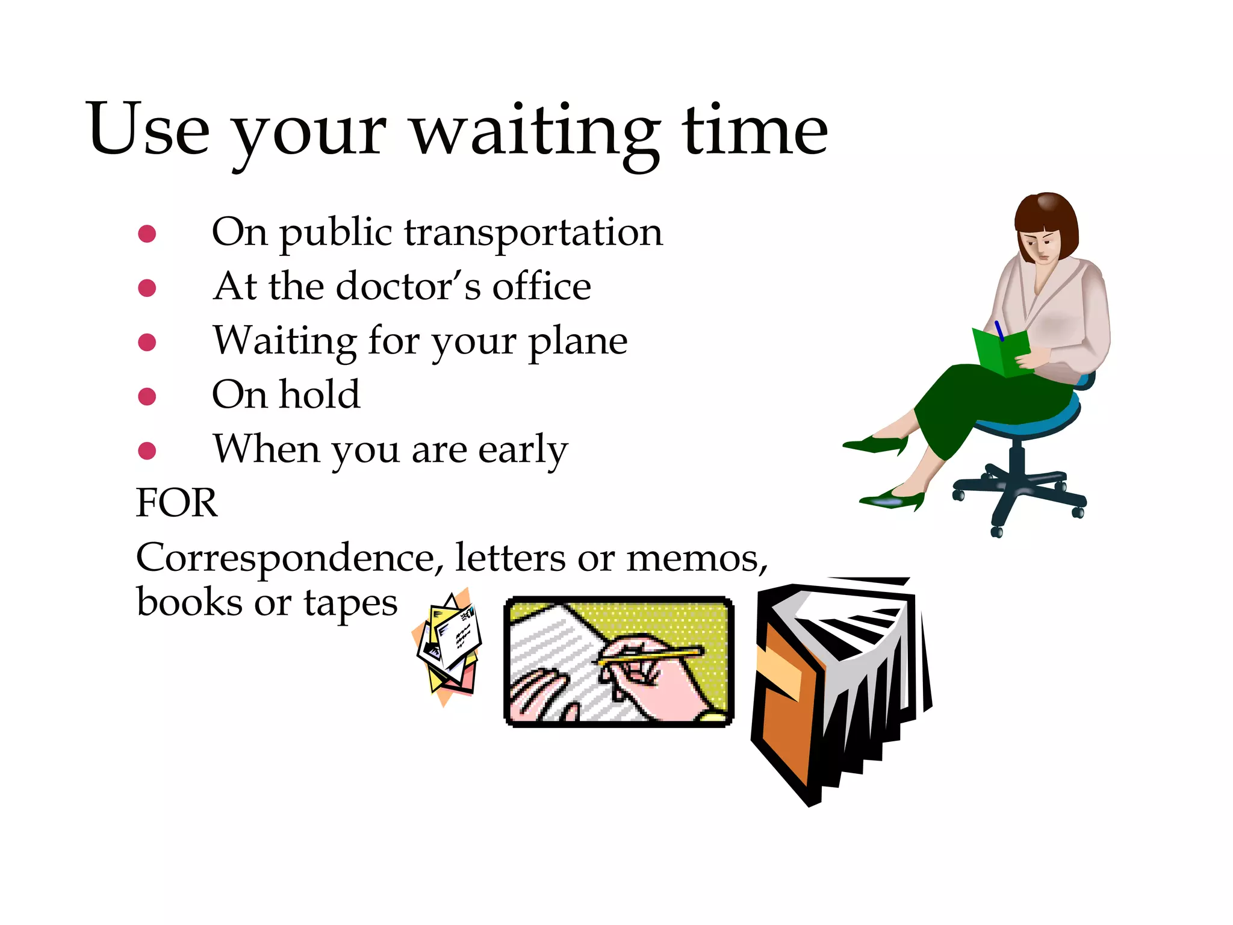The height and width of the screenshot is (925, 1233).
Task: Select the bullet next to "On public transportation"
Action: pos(147,234)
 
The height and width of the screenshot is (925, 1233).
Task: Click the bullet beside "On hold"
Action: pos(147,396)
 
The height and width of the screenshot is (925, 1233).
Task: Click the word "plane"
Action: pos(578,342)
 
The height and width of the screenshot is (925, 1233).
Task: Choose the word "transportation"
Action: pos(533,232)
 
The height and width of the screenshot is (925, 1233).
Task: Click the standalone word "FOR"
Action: pos(176,503)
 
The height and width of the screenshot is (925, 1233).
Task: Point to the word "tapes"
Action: pos(350,602)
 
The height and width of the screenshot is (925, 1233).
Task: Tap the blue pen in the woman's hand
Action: pos(999,331)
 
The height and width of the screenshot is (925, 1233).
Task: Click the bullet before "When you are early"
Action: pos(147,450)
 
